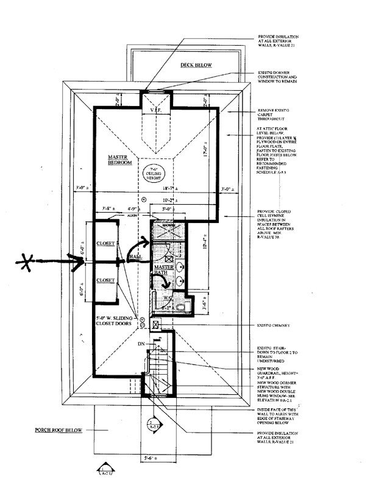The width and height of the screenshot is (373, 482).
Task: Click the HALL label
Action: click(x=137, y=258)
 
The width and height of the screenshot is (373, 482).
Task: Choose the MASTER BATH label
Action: click(x=165, y=271)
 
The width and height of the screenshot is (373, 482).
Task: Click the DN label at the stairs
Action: click(x=141, y=344)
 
